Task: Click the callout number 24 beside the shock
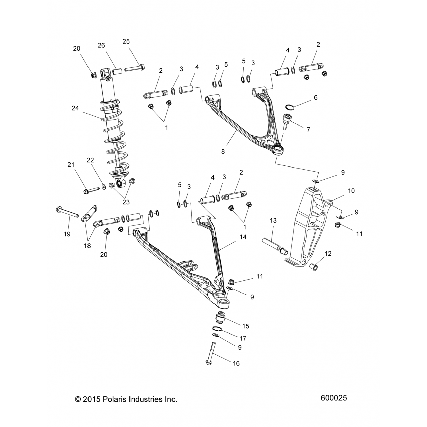click(75, 108)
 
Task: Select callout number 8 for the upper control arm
click(223, 152)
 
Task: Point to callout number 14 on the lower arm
click(243, 237)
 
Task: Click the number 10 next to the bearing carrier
click(351, 191)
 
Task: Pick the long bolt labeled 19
click(69, 214)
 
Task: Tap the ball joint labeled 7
click(286, 120)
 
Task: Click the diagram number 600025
click(334, 398)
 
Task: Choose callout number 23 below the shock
click(126, 202)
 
